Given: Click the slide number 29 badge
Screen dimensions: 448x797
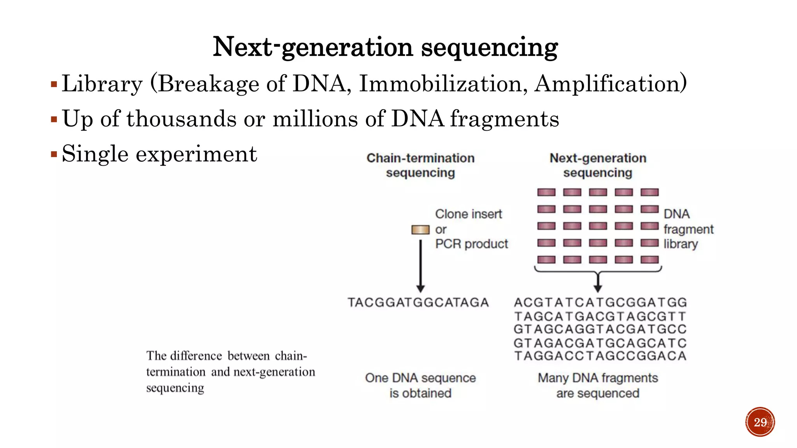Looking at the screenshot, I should point(760,422).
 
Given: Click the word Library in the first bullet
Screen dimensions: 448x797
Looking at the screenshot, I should point(102,84).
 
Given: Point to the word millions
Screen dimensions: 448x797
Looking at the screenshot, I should point(315,119).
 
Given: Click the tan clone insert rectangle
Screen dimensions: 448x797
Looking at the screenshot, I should point(420,230).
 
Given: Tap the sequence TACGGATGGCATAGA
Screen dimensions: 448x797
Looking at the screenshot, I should point(418,303).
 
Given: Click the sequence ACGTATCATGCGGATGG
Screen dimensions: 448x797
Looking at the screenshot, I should point(600,303).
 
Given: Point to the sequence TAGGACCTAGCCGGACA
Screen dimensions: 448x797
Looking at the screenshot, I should point(600,356).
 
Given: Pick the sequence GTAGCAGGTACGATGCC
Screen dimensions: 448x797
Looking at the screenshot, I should point(600,329).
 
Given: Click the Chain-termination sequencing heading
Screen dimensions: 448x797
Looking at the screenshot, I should point(420,165).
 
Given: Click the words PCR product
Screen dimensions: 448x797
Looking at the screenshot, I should point(471,244).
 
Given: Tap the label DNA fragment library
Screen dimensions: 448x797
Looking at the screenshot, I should point(688,229).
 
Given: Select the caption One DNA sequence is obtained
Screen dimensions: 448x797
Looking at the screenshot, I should point(420,385).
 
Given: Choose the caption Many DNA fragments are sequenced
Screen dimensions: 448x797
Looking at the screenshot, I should point(598,385).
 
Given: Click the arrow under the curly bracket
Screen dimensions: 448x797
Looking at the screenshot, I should point(598,283).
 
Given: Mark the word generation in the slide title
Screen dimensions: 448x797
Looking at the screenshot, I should point(347,47).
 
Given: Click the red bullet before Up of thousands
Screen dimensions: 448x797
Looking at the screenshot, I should point(54,119).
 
